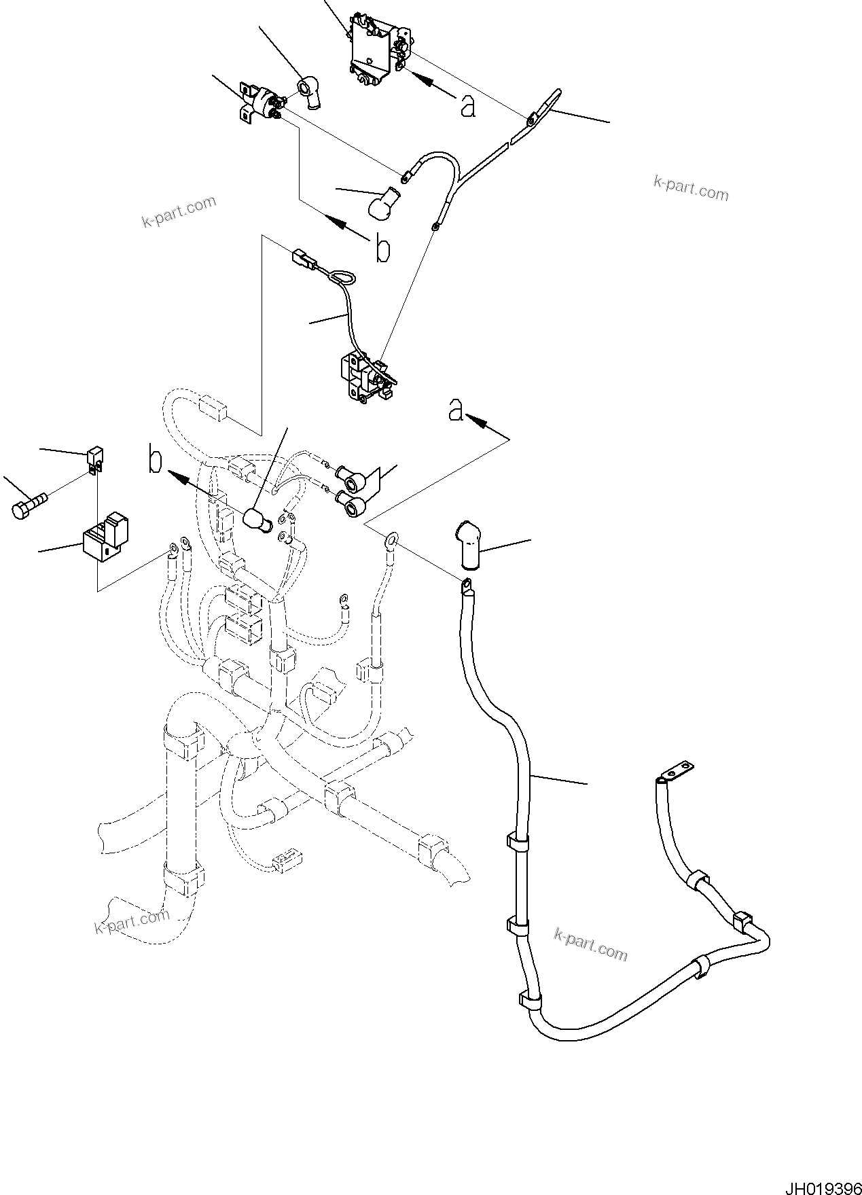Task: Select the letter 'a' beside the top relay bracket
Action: [x=467, y=105]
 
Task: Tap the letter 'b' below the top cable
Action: [x=383, y=249]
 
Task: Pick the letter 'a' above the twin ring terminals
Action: [x=456, y=410]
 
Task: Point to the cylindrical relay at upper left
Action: [x=262, y=103]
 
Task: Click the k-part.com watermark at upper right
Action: [x=690, y=188]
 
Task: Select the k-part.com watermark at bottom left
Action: [x=131, y=923]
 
